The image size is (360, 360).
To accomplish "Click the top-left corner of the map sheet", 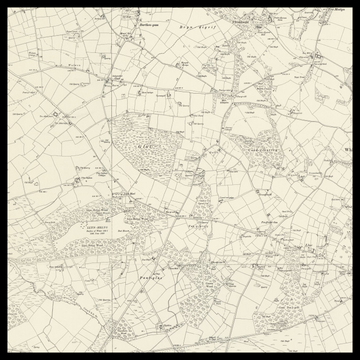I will [4, 4].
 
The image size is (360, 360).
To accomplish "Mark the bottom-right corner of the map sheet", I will [355, 355].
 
